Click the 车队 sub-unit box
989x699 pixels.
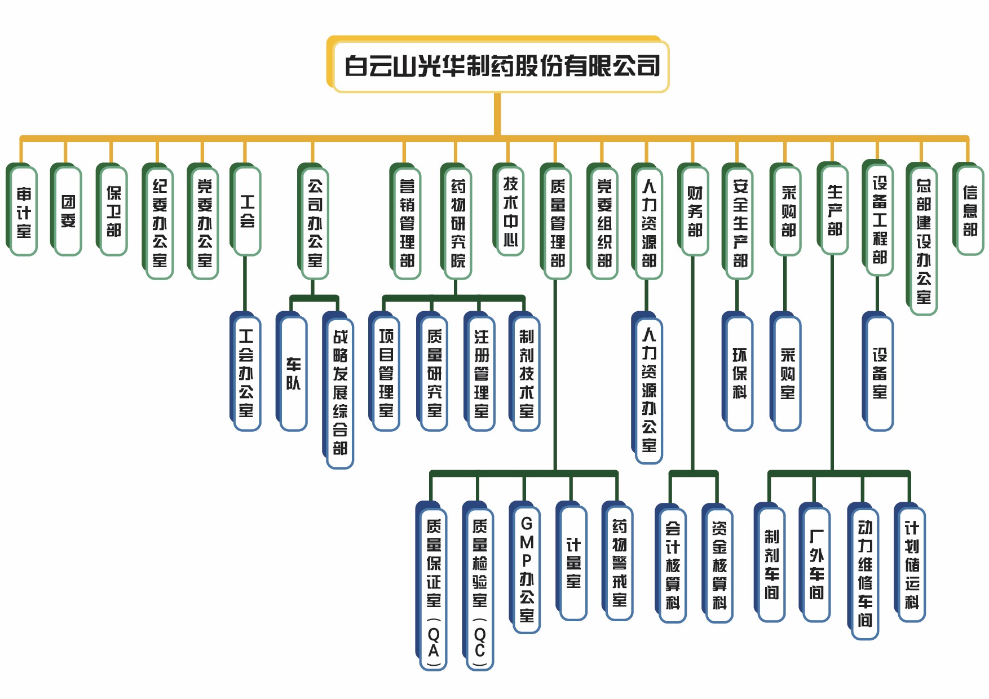pyautogui.click(x=293, y=374)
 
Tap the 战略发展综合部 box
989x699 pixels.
pyautogui.click(x=340, y=392)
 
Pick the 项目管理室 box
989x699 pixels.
pyautogui.click(x=386, y=374)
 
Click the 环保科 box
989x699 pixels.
pyautogui.click(x=739, y=374)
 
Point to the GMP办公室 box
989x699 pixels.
pyautogui.click(x=527, y=569)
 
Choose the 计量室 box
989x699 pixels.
pyautogui.click(x=573, y=563)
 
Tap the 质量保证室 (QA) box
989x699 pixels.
pyautogui.click(x=434, y=589)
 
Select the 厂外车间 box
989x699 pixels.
pyautogui.click(x=816, y=564)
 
